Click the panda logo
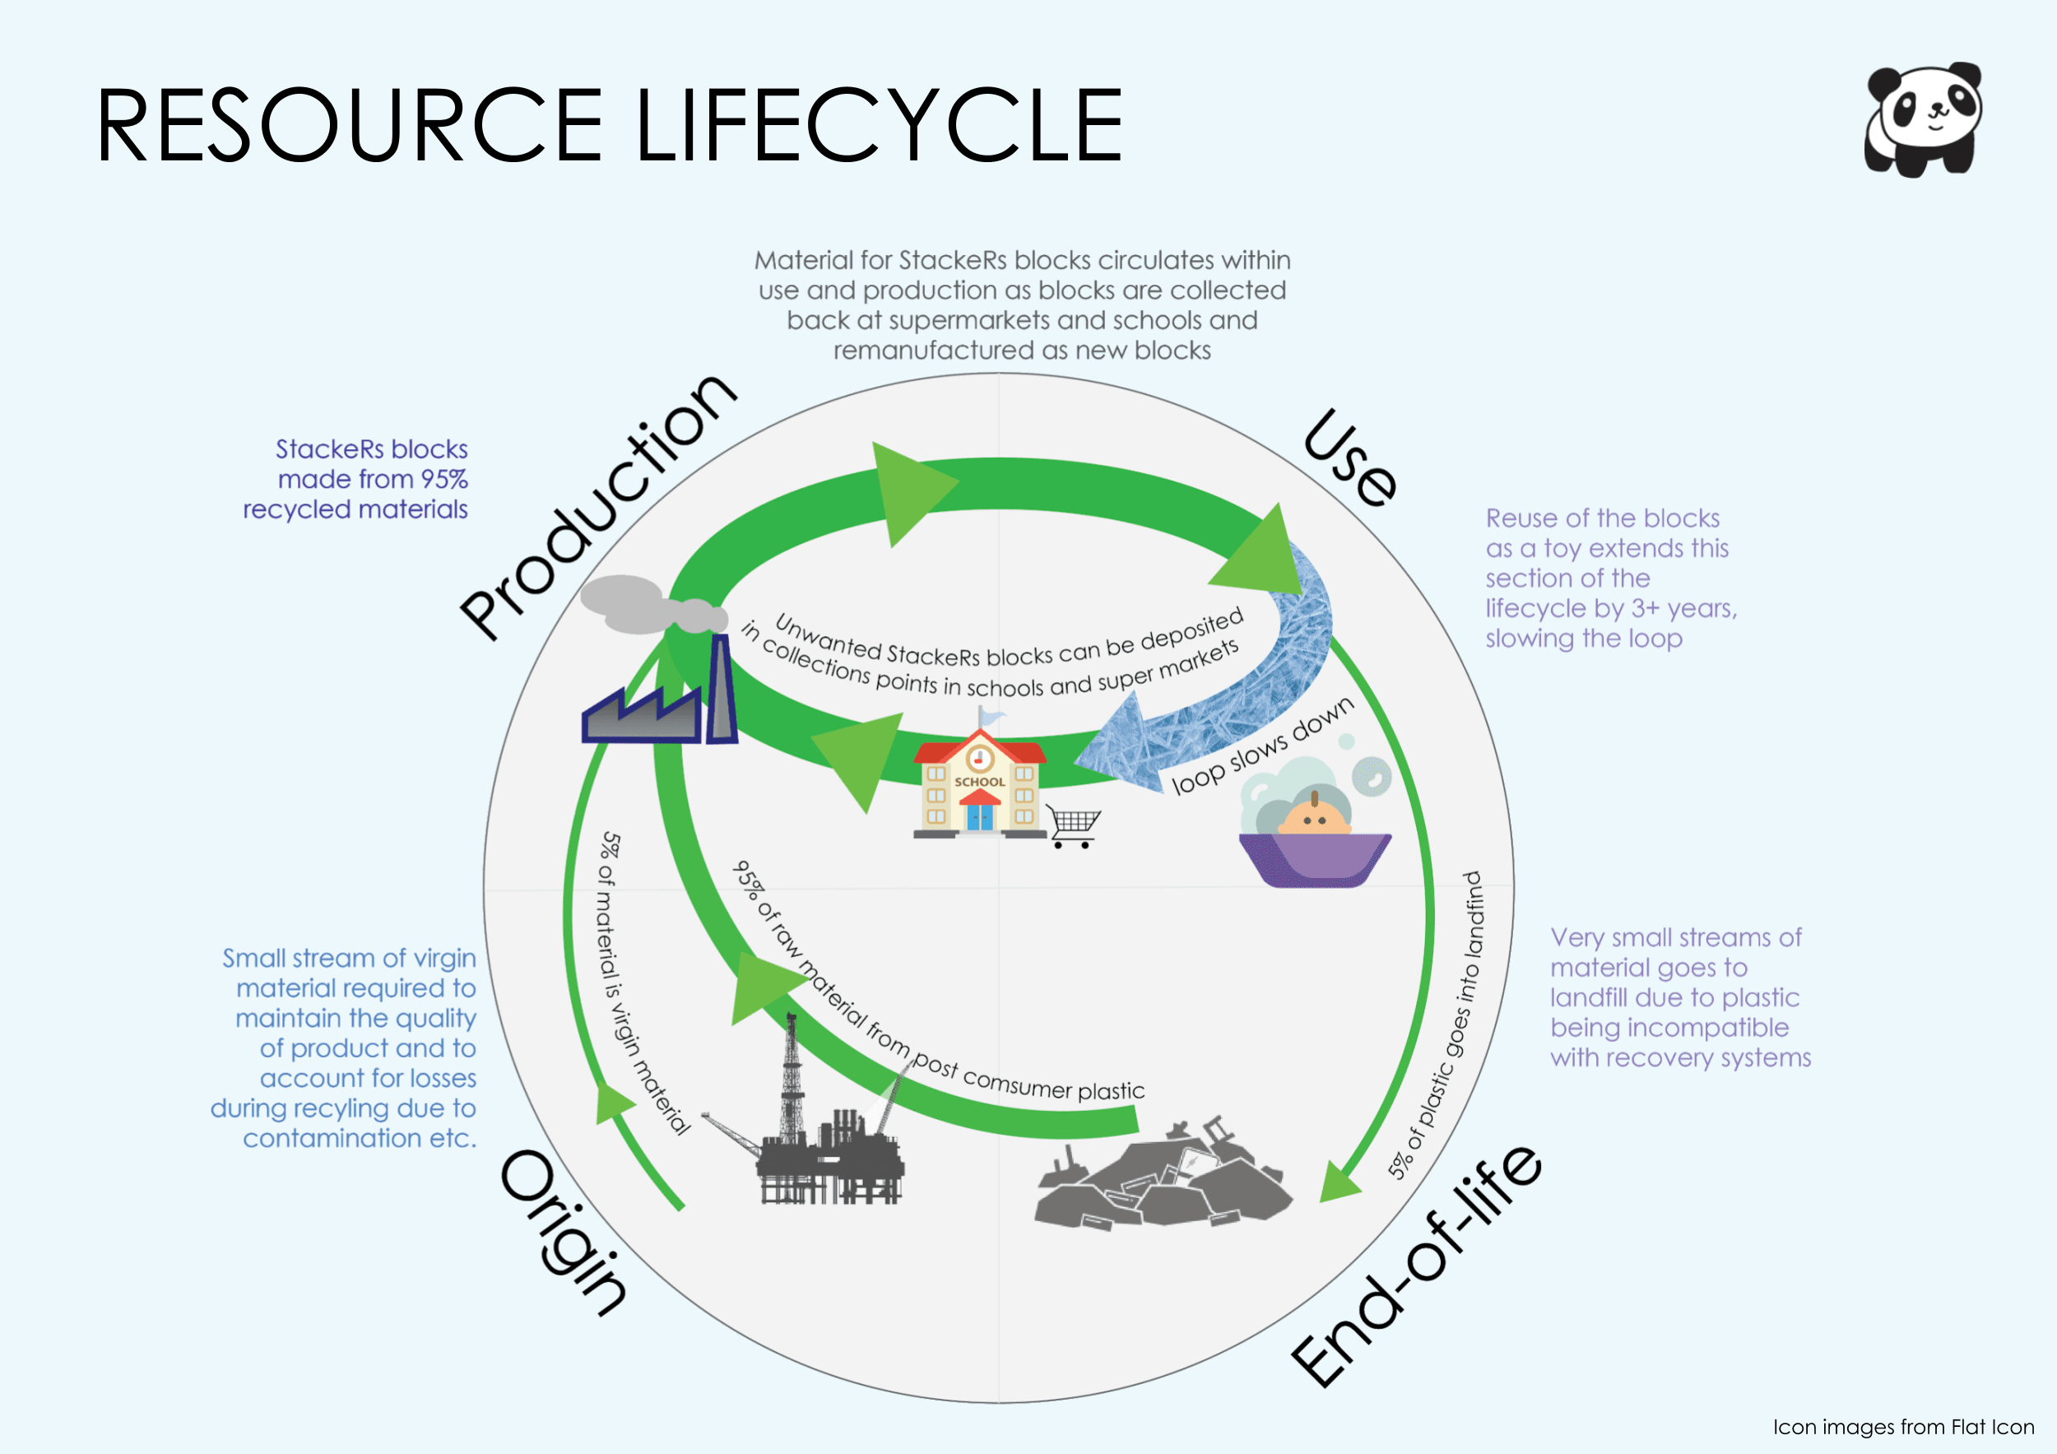coord(1923,120)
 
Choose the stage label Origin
coord(564,1232)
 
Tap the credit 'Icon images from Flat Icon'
coord(1903,1426)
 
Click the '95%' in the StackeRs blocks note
coord(444,479)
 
